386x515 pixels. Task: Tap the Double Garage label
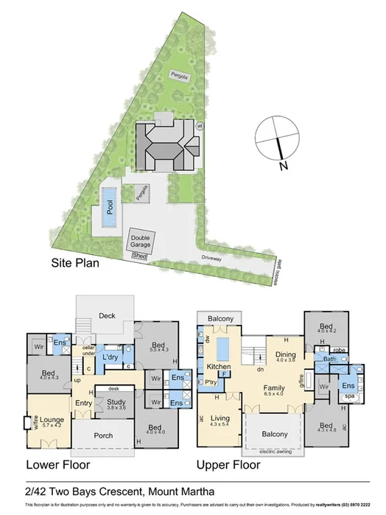[140, 242]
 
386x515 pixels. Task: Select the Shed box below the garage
[138, 256]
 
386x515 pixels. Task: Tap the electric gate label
[277, 272]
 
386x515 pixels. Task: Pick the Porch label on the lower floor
[103, 435]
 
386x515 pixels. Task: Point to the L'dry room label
[111, 357]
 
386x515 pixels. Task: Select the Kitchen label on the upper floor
[219, 366]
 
